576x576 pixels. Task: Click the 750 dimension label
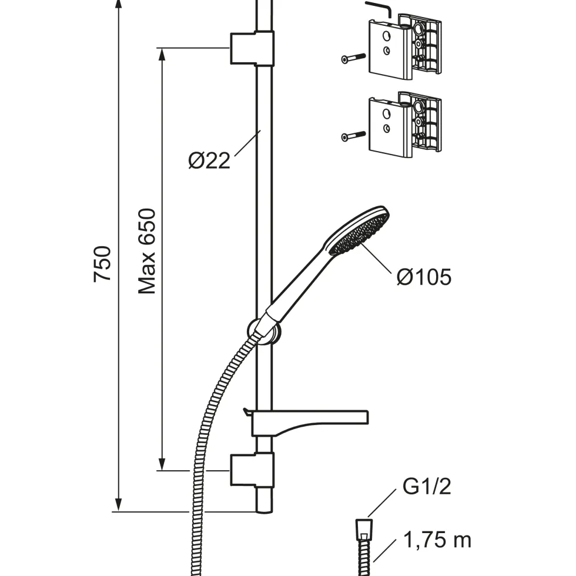tap(102, 264)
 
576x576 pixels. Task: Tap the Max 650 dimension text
tap(147, 252)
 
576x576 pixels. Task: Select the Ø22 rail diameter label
tap(209, 160)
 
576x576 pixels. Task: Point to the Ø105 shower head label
tap(424, 277)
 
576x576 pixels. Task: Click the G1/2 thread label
tap(427, 486)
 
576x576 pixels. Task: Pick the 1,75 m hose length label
tap(437, 540)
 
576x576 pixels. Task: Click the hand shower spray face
tap(359, 235)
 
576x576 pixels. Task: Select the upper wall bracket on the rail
tap(252, 48)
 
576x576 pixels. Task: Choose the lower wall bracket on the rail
tap(252, 471)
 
